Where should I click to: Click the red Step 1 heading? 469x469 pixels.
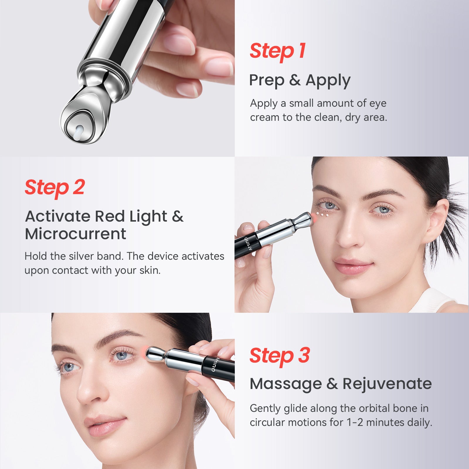(x=278, y=51)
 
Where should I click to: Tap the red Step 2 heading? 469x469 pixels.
(x=55, y=188)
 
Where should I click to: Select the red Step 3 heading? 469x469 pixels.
(x=280, y=356)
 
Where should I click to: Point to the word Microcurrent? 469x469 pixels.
(x=75, y=234)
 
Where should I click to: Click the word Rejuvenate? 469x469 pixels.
(x=387, y=384)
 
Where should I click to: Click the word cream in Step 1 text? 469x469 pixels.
(x=265, y=117)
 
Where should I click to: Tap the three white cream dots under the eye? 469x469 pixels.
(x=322, y=215)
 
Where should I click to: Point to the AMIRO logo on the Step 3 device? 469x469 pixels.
(x=214, y=365)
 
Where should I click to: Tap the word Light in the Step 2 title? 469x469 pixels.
(x=148, y=216)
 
